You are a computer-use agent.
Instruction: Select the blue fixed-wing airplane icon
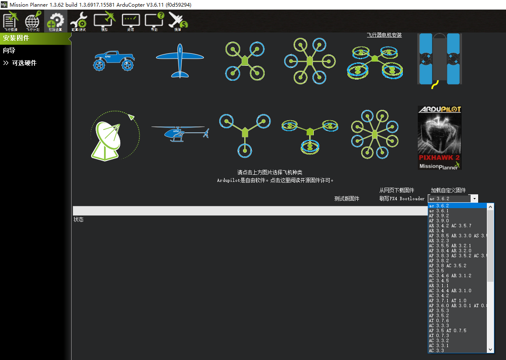coord(180,61)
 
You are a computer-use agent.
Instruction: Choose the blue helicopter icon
coord(180,133)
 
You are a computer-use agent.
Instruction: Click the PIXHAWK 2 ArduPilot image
coord(439,138)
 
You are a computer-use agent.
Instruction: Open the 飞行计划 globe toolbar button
coord(32,22)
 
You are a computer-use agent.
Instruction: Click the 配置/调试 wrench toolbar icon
coord(78,22)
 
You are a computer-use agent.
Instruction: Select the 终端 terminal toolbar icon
coord(130,22)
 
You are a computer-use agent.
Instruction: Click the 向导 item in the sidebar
coord(9,50)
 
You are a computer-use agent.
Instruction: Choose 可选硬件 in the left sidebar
coord(24,63)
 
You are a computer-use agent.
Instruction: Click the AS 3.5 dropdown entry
coord(437,271)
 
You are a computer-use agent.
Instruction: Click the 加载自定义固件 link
coord(448,190)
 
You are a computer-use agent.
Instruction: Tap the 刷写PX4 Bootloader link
coord(402,199)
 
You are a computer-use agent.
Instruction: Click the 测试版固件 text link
coord(347,199)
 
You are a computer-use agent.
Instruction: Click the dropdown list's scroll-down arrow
coord(490,350)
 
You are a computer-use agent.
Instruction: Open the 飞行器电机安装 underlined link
coord(384,35)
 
